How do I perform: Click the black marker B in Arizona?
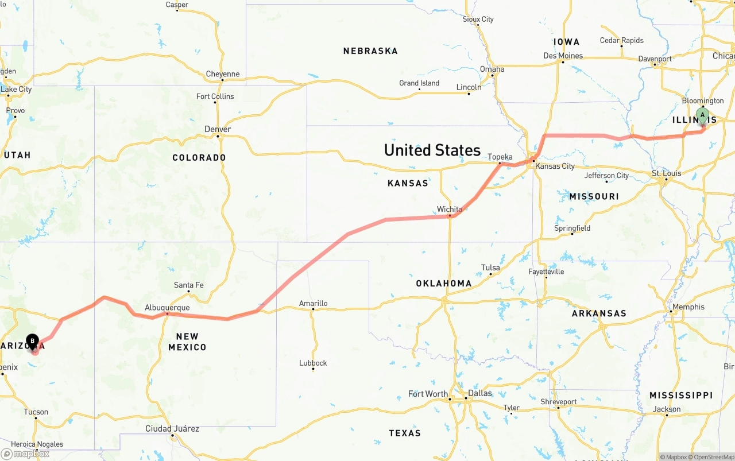[33, 342]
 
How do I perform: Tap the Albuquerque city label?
[167, 308]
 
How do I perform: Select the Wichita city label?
[449, 209]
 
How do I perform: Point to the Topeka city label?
[500, 157]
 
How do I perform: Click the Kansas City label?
[555, 166]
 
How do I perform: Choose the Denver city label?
[218, 129]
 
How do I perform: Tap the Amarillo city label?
[313, 303]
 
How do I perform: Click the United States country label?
[432, 150]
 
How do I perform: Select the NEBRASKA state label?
[370, 51]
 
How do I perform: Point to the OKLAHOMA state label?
[444, 284]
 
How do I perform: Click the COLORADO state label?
[199, 157]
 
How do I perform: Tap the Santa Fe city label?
[188, 285]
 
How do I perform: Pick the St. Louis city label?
[666, 173]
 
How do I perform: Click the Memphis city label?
[688, 307]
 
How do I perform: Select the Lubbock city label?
[313, 363]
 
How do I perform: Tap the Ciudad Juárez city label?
[172, 428]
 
